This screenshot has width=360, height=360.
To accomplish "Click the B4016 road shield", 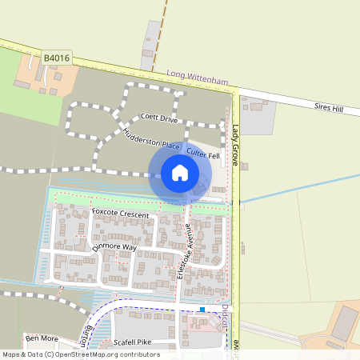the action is (x=57, y=58).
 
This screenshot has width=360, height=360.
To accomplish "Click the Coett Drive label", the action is (x=158, y=118).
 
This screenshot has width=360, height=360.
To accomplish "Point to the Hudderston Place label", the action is (x=152, y=138).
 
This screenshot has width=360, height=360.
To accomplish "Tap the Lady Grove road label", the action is (x=236, y=145).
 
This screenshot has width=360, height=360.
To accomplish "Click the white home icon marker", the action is (x=180, y=172).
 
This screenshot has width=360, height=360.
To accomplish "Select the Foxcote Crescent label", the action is (x=120, y=214).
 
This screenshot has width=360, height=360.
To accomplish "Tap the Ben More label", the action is (x=41, y=338).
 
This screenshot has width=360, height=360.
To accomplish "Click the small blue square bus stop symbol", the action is (x=203, y=309).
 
